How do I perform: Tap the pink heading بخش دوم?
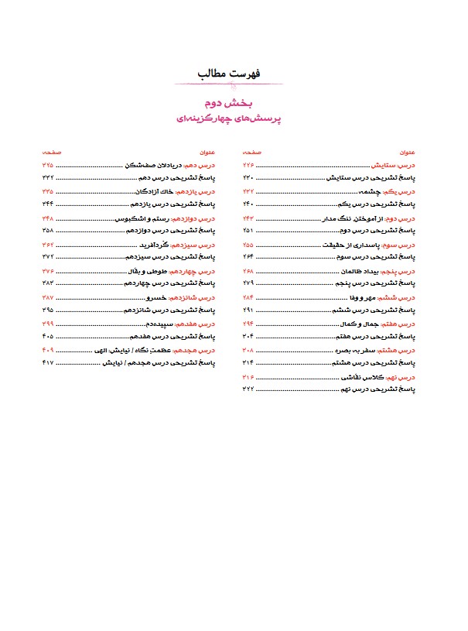pos(233,102)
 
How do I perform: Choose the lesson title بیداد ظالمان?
pos(359,272)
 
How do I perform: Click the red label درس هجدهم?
pos(195,350)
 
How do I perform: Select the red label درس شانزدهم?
pos(193,297)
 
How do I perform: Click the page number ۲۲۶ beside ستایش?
pos(248,166)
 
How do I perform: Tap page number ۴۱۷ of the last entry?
pos(48,362)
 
